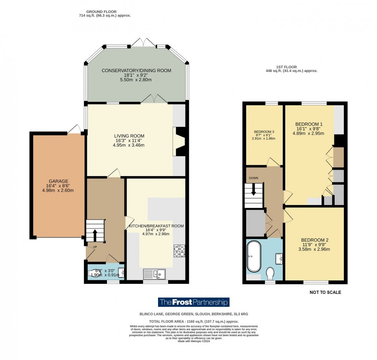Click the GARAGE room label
[x=58, y=181]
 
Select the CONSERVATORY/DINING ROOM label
[x=136, y=70]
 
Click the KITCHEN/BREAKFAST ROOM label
[x=156, y=226]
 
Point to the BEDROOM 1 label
[x=309, y=124]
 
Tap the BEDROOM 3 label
[x=264, y=132]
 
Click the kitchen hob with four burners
[x=179, y=250]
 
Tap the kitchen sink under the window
[x=154, y=274]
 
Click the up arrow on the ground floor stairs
[x=95, y=233]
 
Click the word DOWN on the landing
[x=254, y=178]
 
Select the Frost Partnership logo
[x=194, y=302]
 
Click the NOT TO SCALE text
[x=325, y=292]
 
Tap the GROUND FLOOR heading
[x=101, y=12]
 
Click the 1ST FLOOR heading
[x=291, y=67]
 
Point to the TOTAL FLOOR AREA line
[x=194, y=321]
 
